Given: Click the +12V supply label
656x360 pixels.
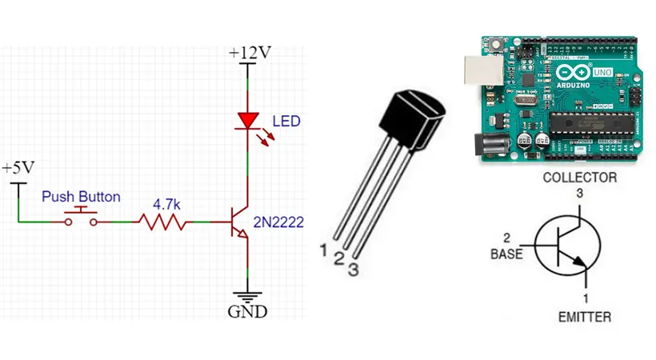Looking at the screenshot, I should click(x=249, y=53).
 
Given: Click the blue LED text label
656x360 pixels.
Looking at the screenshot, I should click(x=286, y=122).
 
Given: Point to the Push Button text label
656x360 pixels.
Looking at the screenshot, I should click(x=81, y=197).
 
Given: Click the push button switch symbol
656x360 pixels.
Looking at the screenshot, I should click(x=81, y=215).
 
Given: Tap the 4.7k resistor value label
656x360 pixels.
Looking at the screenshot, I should click(x=166, y=205).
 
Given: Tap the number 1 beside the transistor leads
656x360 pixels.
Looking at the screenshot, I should click(x=323, y=250).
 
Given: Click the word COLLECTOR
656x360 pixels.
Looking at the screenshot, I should click(x=579, y=178).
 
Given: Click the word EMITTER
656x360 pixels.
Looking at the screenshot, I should click(x=585, y=317).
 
